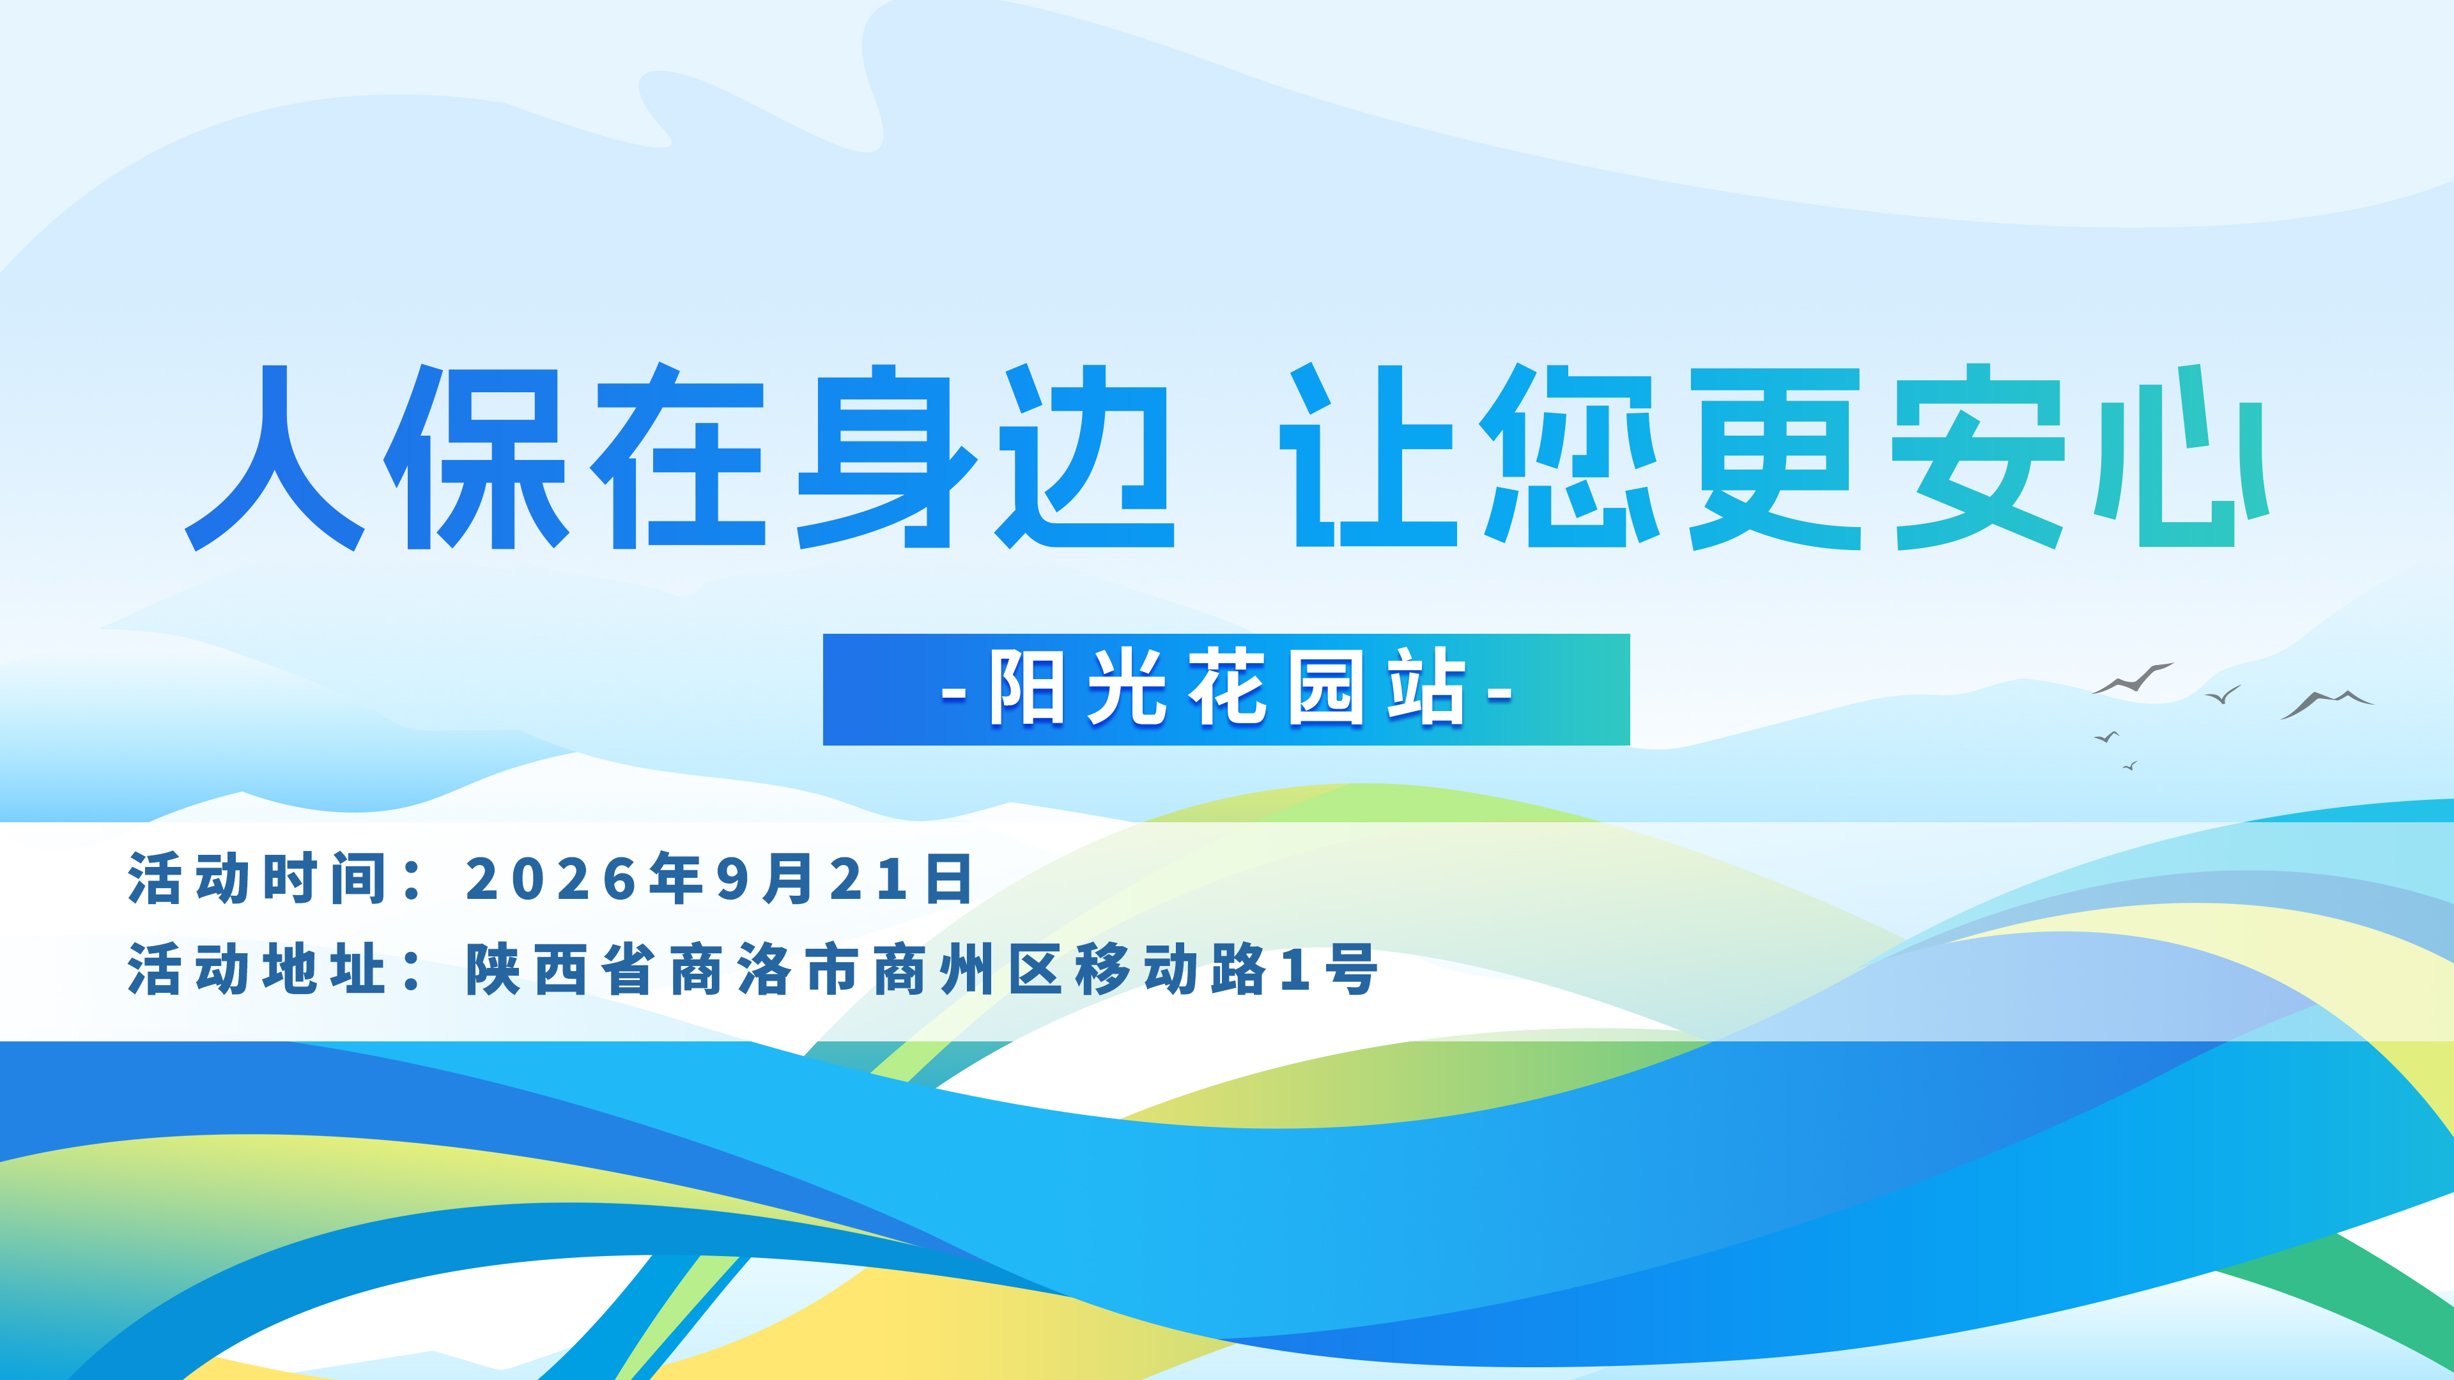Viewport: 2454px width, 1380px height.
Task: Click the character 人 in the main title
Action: point(274,457)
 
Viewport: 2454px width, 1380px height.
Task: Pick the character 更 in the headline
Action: point(1775,458)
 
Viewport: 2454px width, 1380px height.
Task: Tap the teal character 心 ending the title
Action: point(2182,456)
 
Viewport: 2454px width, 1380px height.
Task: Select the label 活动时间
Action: point(257,878)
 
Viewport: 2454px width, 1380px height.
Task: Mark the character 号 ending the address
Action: point(1351,970)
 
